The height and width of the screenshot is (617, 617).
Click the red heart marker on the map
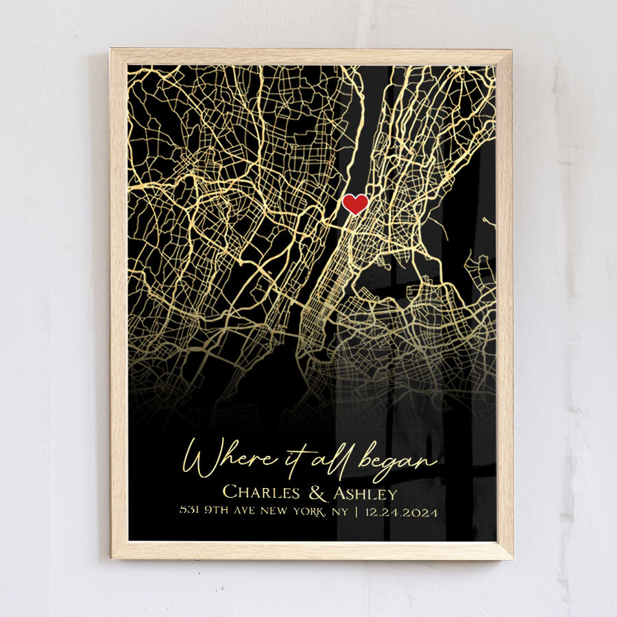355,204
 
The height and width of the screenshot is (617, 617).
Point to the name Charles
261,492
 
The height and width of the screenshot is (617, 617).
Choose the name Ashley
364,493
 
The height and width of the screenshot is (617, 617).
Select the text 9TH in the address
213,511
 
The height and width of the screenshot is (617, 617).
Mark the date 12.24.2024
401,511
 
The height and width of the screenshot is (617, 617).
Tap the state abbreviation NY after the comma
338,511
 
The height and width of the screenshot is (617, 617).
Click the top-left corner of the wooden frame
111,49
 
